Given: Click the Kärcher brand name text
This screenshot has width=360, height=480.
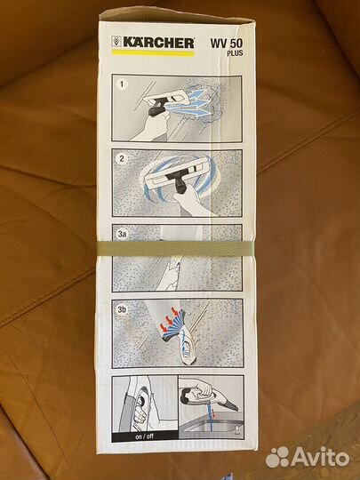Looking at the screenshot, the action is (158, 43).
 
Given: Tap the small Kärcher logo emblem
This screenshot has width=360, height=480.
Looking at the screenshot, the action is (116, 42).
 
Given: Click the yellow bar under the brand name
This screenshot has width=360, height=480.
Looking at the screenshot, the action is (153, 53).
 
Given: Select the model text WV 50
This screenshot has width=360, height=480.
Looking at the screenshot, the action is (227, 44).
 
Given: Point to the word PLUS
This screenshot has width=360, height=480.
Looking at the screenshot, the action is (235, 53).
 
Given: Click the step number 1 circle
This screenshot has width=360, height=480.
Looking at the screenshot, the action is (122, 84).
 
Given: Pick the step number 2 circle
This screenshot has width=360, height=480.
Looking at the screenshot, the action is (122, 159).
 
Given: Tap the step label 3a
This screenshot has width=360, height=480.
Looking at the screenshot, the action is (122, 234).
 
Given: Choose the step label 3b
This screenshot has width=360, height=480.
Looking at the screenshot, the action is (122, 309).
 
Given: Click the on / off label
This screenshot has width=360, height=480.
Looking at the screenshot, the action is (145, 436).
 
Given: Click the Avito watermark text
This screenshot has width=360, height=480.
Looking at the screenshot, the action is (321, 458).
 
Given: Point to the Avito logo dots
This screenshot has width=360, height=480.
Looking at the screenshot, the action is (277, 457).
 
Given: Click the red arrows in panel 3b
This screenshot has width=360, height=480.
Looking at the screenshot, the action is (170, 321).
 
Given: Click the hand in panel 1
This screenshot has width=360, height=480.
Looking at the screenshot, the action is (150, 125).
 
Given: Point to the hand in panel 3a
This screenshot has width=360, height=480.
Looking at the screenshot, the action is (171, 273).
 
